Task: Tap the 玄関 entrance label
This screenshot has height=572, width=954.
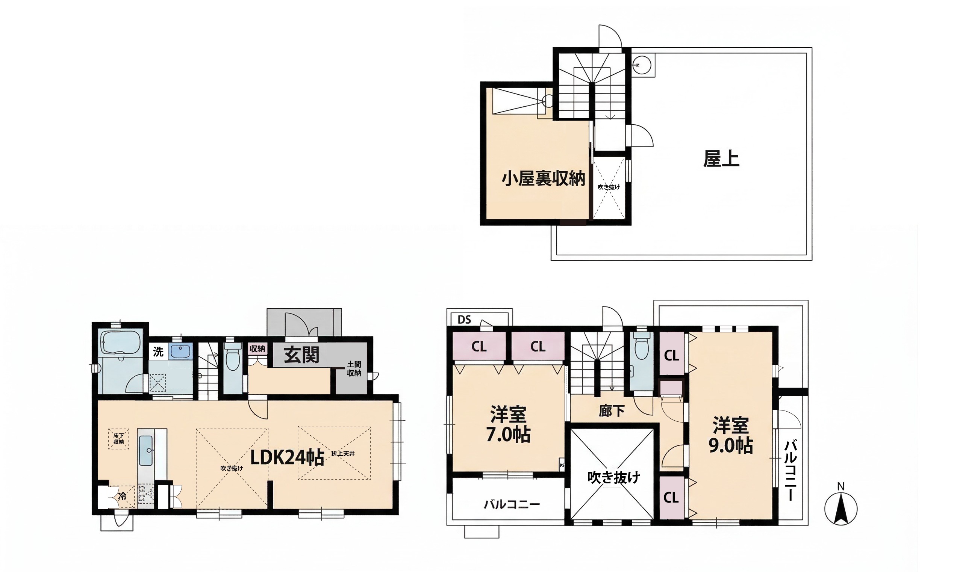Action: (x=302, y=355)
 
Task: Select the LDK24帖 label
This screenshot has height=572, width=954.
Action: (x=287, y=457)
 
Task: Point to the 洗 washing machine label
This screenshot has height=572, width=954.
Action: (x=158, y=352)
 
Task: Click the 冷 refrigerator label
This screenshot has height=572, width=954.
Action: (x=122, y=496)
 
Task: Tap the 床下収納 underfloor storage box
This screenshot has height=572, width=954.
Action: (x=118, y=439)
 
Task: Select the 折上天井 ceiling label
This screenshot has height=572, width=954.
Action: (x=343, y=454)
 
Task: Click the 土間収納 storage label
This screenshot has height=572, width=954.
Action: (x=354, y=369)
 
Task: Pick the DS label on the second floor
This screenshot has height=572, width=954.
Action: (x=465, y=320)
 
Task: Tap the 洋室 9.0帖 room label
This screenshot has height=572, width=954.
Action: (x=730, y=435)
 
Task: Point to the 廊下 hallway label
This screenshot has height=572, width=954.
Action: (x=612, y=411)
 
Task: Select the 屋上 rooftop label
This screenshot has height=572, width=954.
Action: (x=721, y=159)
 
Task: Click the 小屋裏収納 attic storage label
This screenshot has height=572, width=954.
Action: (x=543, y=179)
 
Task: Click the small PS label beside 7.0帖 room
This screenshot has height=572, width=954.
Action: (x=562, y=465)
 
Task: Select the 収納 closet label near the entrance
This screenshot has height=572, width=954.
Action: (x=257, y=349)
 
